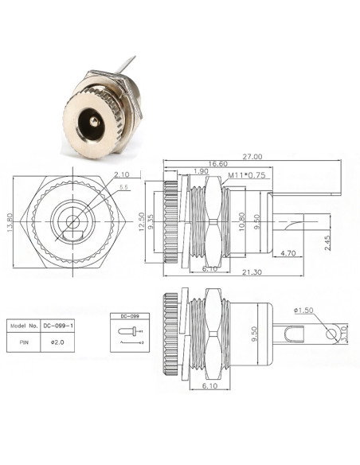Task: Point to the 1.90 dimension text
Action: [200, 171]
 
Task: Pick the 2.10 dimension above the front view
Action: [121, 174]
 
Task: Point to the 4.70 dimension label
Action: [288, 252]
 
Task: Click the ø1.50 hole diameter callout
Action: [303, 309]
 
